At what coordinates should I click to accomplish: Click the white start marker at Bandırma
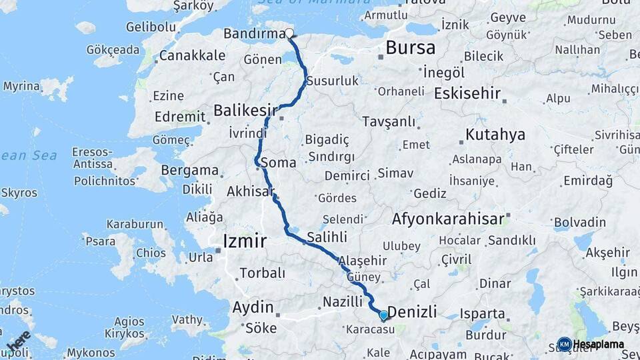pyautogui.click(x=290, y=33)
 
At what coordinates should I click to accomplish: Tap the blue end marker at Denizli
pyautogui.click(x=383, y=315)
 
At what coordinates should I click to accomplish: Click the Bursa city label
pyautogui.click(x=411, y=48)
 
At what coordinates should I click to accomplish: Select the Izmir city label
pyautogui.click(x=245, y=241)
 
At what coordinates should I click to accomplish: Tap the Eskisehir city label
pyautogui.click(x=467, y=93)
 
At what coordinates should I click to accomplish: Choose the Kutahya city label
pyautogui.click(x=495, y=135)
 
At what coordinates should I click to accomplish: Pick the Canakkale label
pyautogui.click(x=192, y=55)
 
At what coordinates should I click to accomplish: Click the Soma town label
pyautogui.click(x=279, y=162)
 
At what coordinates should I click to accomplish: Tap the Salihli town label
pyautogui.click(x=327, y=237)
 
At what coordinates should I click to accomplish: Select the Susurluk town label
pyautogui.click(x=333, y=81)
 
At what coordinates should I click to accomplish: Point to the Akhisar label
pyautogui.click(x=251, y=192)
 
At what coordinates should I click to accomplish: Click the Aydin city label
pyautogui.click(x=253, y=307)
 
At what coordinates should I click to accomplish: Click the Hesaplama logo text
pyautogui.click(x=599, y=344)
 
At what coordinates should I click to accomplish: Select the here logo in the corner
pyautogui.click(x=19, y=341)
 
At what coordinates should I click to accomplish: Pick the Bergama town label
pyautogui.click(x=191, y=171)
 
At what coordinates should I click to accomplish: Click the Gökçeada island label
pyautogui.click(x=113, y=49)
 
